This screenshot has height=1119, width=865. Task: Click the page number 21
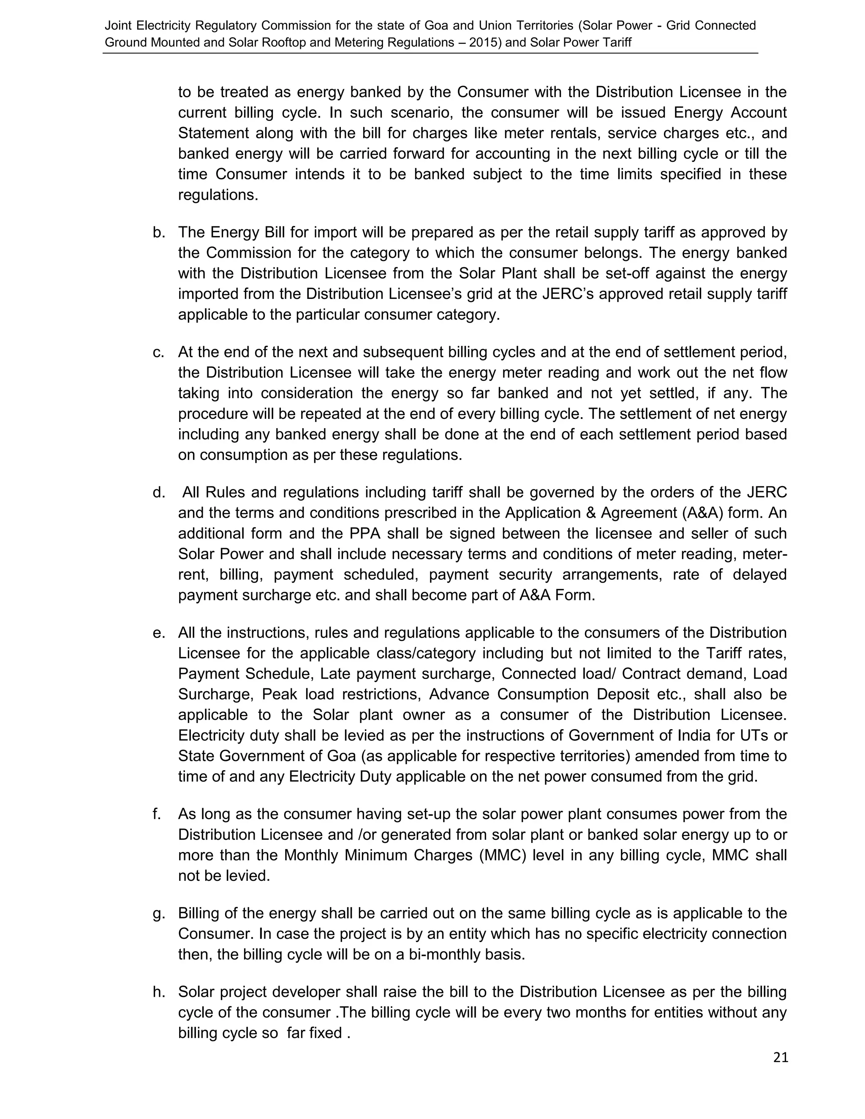[781, 1057]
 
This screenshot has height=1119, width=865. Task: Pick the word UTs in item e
[755, 735]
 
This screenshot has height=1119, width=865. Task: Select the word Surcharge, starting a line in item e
[216, 694]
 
